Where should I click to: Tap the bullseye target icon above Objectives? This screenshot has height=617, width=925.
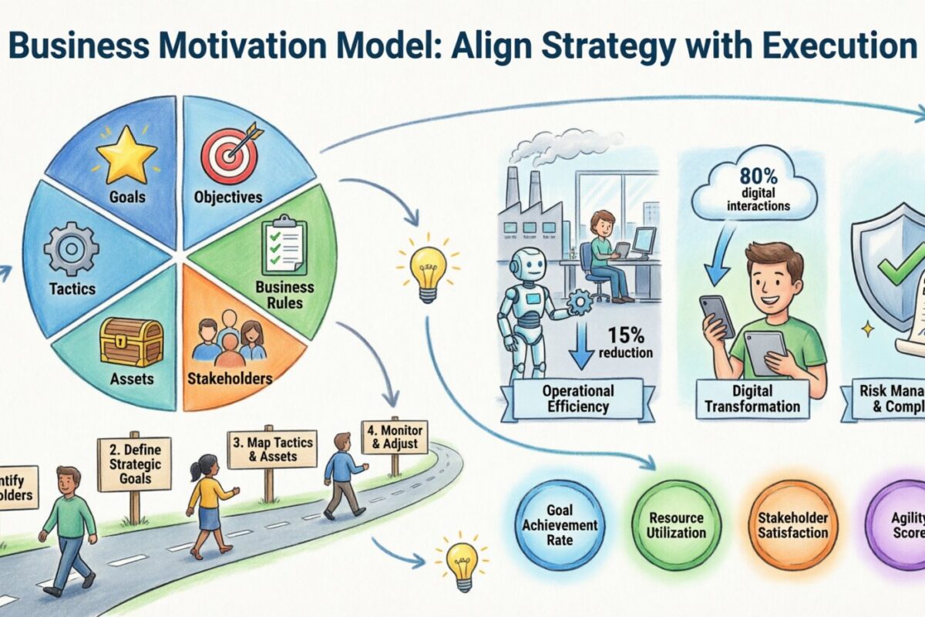[228, 153]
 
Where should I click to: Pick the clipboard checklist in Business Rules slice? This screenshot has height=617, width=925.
[284, 248]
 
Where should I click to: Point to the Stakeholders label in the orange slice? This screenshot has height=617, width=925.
[230, 378]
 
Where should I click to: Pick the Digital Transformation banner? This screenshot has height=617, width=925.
[748, 398]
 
